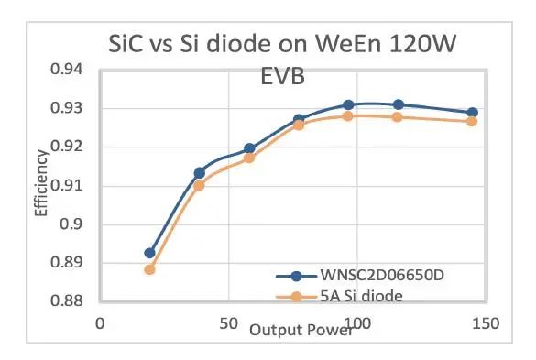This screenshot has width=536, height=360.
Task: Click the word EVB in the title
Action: (283, 76)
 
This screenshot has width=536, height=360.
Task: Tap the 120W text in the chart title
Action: (421, 43)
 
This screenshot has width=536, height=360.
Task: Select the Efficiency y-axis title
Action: (41, 183)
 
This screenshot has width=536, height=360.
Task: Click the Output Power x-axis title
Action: (301, 331)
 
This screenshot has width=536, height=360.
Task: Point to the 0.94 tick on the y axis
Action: (67, 69)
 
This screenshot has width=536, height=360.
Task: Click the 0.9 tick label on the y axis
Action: (71, 224)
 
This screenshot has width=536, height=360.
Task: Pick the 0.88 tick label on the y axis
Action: (67, 300)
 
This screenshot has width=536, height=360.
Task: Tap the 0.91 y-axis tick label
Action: (67, 186)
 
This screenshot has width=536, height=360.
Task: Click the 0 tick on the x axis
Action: (100, 323)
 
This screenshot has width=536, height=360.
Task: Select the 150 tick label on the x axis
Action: (486, 323)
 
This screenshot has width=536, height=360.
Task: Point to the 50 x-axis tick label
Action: (228, 323)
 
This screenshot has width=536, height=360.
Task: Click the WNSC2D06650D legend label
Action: (382, 275)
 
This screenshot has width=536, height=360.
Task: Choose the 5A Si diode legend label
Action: (361, 296)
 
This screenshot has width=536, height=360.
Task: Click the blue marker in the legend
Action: (296, 276)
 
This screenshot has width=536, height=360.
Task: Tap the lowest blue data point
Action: (149, 254)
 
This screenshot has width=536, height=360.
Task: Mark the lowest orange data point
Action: (149, 269)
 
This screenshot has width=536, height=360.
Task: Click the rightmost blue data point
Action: (473, 113)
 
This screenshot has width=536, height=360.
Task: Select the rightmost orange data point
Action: (472, 121)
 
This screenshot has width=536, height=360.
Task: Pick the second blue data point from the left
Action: (200, 173)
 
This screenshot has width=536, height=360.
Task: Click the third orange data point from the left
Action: (249, 158)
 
